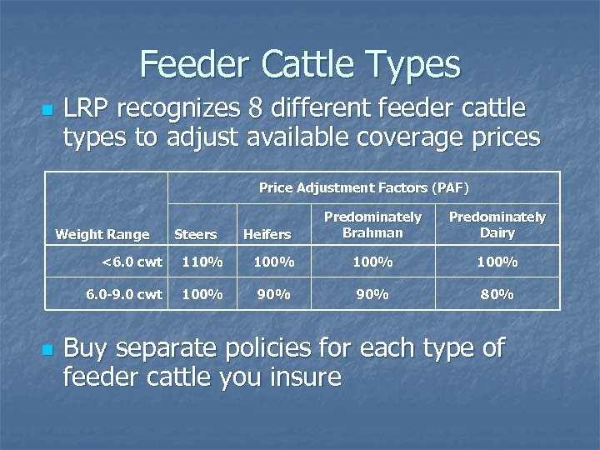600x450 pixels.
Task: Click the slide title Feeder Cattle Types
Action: point(300,64)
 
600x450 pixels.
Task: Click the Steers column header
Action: point(195,235)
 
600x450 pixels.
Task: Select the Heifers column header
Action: point(267,235)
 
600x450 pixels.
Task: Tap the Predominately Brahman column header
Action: point(372,225)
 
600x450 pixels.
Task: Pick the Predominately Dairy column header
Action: point(497,225)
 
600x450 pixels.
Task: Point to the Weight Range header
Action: point(102,235)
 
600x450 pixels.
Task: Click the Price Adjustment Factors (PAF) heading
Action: point(364,188)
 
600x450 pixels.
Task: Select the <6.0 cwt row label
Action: point(132,262)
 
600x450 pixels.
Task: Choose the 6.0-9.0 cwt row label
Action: point(124,294)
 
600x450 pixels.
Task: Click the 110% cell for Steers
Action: point(202,262)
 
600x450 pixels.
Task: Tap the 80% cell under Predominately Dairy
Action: point(497,294)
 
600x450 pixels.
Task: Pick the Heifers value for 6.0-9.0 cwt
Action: point(272,294)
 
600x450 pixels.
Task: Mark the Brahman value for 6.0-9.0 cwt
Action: point(372,294)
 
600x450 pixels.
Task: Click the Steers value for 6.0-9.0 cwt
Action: point(202,294)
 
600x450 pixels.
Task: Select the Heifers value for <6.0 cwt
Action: point(272,262)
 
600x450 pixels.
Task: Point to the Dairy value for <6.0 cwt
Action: point(497,262)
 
